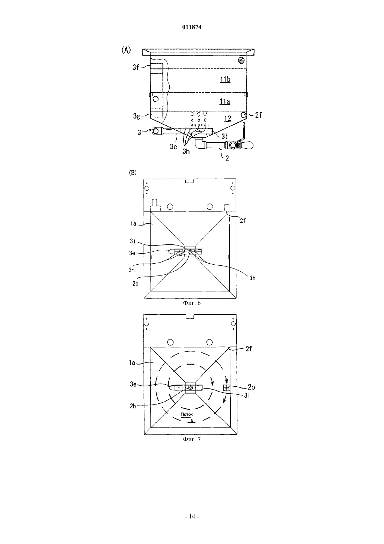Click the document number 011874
point(192,27)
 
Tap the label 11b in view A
point(225,79)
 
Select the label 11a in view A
point(225,101)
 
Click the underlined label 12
point(228,119)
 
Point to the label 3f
point(136,67)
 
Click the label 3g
point(136,116)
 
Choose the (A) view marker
point(126,50)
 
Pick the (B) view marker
point(133,173)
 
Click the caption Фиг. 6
point(192,303)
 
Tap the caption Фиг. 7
point(192,439)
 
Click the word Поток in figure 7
point(187,414)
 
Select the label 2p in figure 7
point(251,387)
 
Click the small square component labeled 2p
point(227,388)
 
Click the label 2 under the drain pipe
point(227,158)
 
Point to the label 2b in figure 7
point(133,406)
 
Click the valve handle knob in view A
point(248,145)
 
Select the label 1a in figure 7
point(132,363)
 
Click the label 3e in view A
point(173,147)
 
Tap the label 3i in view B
point(132,241)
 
